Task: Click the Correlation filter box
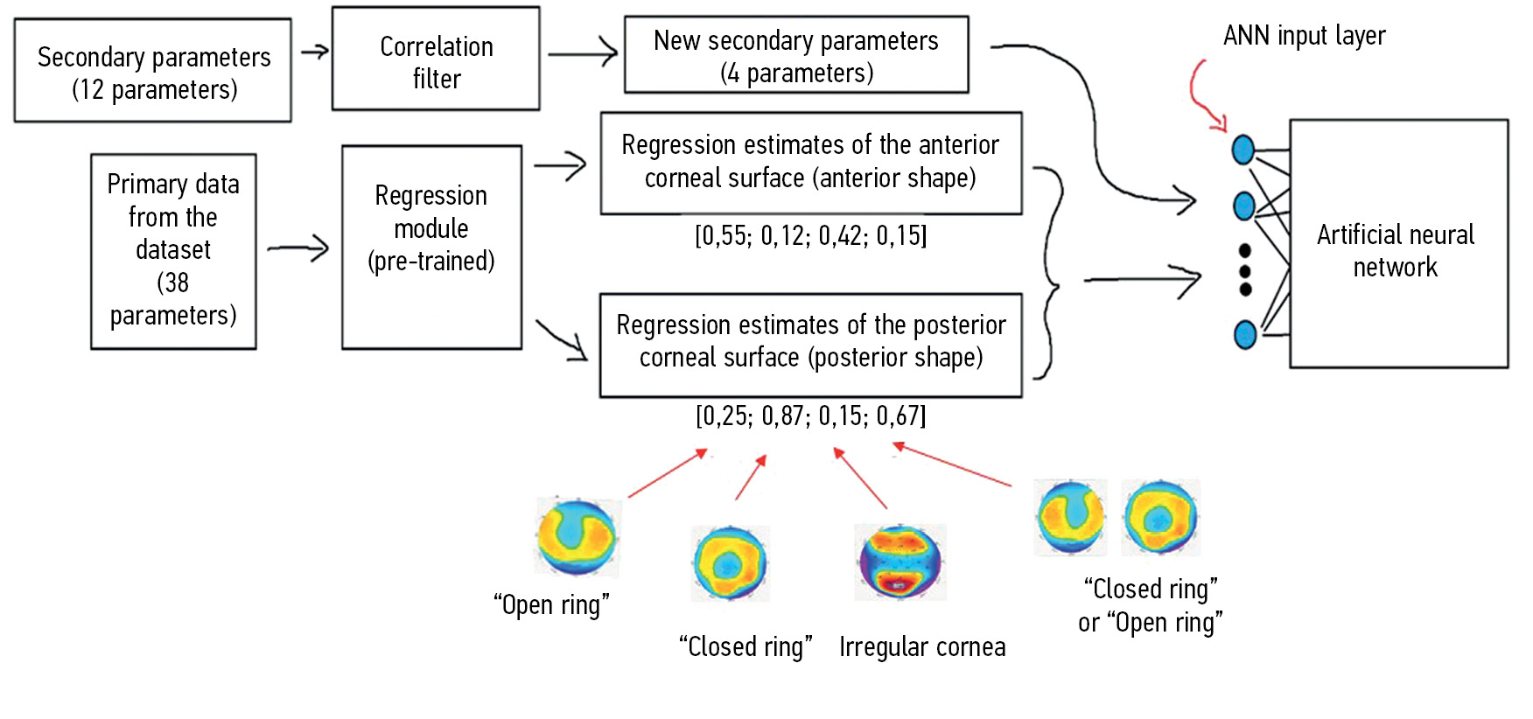click(x=436, y=59)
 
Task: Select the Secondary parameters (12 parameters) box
click(x=153, y=71)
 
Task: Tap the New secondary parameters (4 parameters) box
click(x=796, y=55)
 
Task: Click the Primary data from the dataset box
click(x=173, y=251)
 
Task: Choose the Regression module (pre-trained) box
click(x=431, y=247)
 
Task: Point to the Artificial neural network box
click(x=1397, y=244)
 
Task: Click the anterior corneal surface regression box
click(x=810, y=163)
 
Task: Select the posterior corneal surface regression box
click(x=810, y=345)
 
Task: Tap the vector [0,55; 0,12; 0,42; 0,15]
click(x=810, y=236)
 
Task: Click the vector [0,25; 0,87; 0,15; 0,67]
click(x=810, y=415)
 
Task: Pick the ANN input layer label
click(x=1304, y=36)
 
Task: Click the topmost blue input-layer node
click(x=1242, y=150)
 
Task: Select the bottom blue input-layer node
click(x=1244, y=334)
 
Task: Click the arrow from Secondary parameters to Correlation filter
click(x=315, y=52)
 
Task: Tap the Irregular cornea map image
click(x=899, y=562)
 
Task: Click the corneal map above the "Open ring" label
click(x=577, y=536)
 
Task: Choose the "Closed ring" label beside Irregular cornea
click(x=745, y=647)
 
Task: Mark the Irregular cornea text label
click(x=922, y=647)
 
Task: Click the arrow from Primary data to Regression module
click(x=298, y=248)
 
